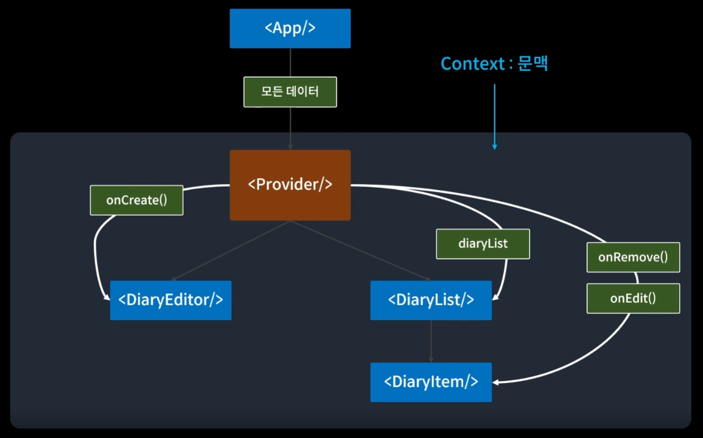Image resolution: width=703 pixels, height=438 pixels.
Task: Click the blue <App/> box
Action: click(x=290, y=28)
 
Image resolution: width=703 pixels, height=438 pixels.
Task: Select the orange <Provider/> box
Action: click(x=290, y=185)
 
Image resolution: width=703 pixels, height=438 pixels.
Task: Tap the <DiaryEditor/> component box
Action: click(x=170, y=300)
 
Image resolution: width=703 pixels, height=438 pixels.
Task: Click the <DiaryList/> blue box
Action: click(x=431, y=300)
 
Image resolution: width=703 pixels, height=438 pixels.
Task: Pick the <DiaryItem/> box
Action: click(x=431, y=382)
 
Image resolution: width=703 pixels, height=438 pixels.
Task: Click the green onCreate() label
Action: click(x=136, y=200)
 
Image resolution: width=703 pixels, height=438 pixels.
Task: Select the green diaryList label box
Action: click(x=483, y=244)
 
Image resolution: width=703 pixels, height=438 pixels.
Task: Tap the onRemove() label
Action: click(x=633, y=257)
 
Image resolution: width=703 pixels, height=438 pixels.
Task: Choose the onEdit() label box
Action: click(x=633, y=298)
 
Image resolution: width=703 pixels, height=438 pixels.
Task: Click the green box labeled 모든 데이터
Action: click(x=290, y=92)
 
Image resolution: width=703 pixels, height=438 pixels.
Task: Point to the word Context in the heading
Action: click(x=473, y=64)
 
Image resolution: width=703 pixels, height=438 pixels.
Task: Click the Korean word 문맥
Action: click(x=533, y=64)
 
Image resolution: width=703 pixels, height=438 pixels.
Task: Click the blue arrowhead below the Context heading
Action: click(x=495, y=147)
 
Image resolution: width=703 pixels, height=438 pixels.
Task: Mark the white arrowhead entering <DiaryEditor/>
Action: click(x=107, y=298)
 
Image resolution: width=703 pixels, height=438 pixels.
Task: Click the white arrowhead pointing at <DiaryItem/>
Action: click(x=495, y=383)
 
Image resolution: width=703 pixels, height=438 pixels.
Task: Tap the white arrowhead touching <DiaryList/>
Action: click(x=495, y=298)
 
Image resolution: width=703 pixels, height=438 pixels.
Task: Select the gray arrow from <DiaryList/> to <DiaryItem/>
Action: click(x=431, y=341)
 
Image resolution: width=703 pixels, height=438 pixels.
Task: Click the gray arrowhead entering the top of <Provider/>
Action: click(x=290, y=147)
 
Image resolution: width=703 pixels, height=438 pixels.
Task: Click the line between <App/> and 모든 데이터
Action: click(x=290, y=62)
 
